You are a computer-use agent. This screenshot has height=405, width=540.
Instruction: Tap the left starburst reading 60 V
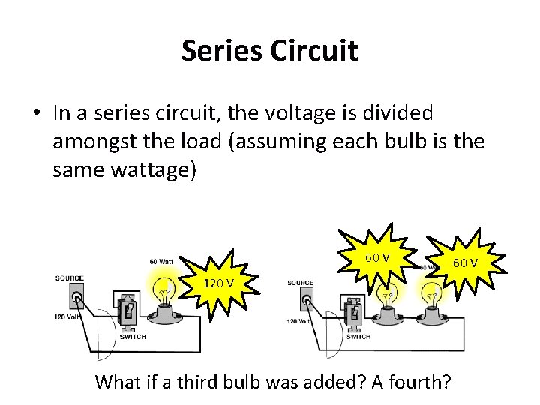376,258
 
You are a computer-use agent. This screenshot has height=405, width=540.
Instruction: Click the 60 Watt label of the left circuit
162,261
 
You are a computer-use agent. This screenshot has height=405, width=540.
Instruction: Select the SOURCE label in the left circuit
69,278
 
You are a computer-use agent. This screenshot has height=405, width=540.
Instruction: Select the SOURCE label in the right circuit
300,283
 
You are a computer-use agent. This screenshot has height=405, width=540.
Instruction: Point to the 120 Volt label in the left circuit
67,318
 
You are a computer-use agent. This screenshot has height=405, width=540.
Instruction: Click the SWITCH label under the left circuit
132,337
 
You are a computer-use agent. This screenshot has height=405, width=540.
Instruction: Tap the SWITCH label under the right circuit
358,337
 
